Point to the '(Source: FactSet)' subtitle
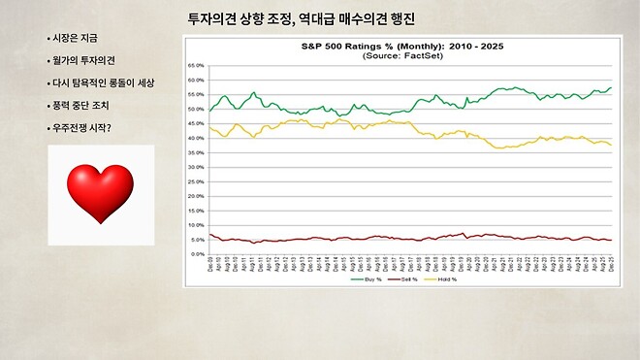(401, 56)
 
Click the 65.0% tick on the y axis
(198, 66)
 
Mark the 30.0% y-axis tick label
(198, 167)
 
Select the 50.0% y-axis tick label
(198, 109)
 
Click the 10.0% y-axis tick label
(198, 225)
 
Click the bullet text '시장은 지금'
(76, 38)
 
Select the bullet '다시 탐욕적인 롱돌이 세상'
(102, 82)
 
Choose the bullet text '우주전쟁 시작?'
(82, 127)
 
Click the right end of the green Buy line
(611, 88)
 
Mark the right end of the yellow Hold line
(611, 145)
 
